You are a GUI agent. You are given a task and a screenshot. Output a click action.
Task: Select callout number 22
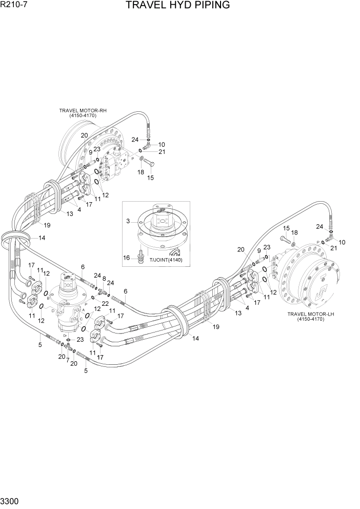pos(105,304)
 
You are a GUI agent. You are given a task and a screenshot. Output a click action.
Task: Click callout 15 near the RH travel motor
pos(151,178)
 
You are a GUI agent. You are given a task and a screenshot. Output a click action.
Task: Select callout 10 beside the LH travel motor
pos(342,242)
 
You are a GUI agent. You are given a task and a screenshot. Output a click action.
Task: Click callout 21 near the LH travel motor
pos(334,248)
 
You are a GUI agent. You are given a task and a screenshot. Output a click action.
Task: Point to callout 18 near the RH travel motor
pos(140,173)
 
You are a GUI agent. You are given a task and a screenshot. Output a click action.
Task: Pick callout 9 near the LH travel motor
pos(259,251)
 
